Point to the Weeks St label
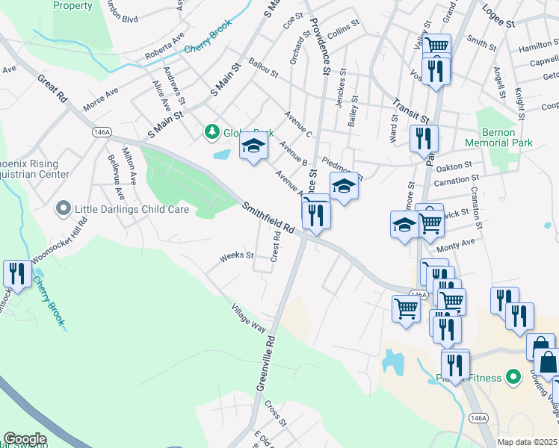[x=237, y=258]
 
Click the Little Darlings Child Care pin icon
[x=64, y=210]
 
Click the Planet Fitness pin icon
[x=512, y=377]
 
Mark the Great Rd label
[x=52, y=87]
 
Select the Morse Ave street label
[x=101, y=99]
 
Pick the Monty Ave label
[x=456, y=246]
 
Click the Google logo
[x=25, y=439]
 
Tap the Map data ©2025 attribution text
[x=527, y=442]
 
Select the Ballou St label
[x=263, y=69]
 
